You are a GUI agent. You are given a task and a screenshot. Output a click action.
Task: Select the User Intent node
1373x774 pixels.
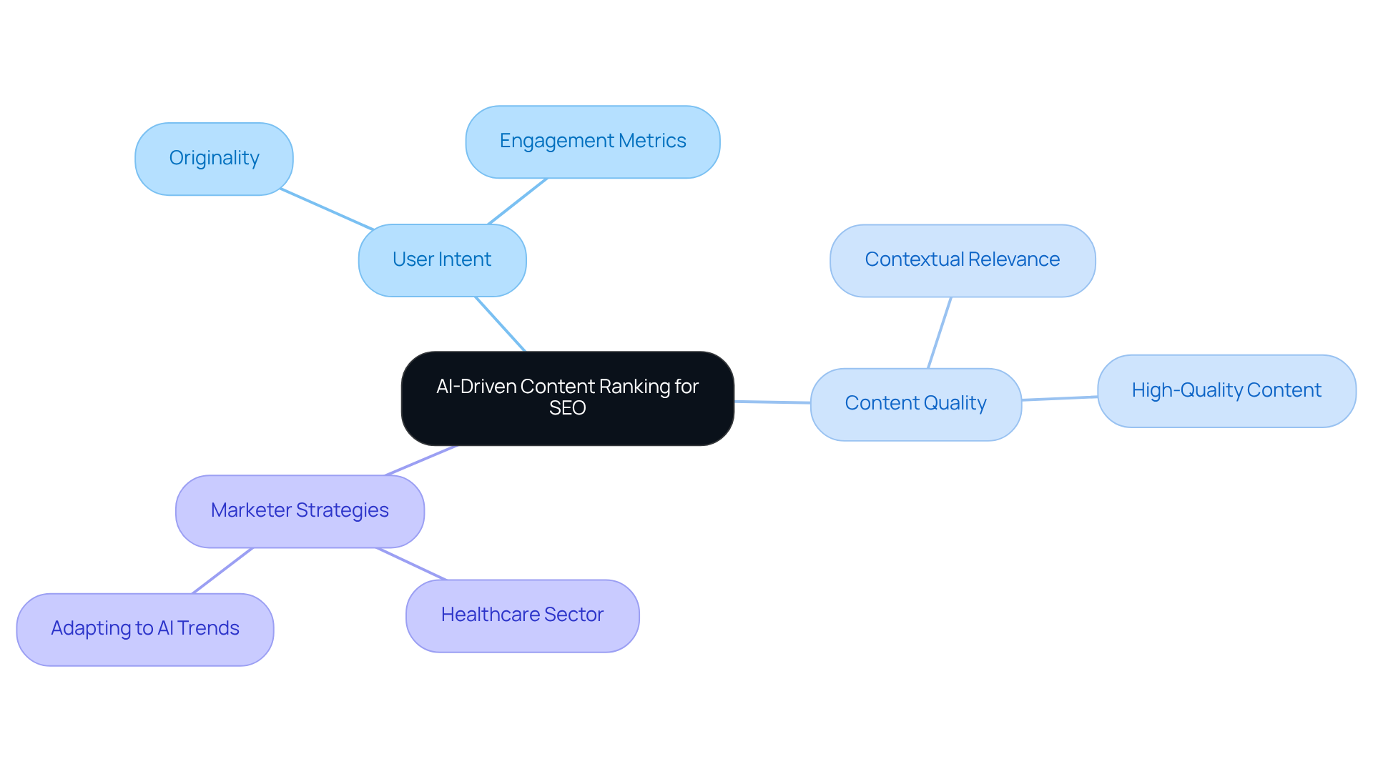[442, 260]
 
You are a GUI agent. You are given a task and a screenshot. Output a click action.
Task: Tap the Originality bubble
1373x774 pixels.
[214, 159]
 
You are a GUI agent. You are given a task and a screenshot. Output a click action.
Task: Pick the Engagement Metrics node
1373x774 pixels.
[592, 142]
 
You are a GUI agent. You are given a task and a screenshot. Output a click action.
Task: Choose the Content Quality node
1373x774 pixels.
[915, 404]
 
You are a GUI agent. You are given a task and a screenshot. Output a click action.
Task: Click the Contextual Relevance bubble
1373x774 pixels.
[962, 260]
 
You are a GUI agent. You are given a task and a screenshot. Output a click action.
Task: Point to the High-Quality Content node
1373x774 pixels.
[1226, 391]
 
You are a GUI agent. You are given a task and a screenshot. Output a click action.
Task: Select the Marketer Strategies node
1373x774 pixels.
[300, 511]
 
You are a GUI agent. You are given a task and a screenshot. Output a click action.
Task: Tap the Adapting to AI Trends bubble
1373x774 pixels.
[145, 629]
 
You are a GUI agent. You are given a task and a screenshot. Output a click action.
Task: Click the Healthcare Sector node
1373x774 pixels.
[522, 615]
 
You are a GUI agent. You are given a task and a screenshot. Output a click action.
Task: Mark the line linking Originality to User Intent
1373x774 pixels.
[327, 209]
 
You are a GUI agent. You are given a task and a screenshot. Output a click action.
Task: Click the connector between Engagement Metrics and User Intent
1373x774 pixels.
[518, 201]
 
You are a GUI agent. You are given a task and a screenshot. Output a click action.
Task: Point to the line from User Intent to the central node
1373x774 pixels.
[501, 324]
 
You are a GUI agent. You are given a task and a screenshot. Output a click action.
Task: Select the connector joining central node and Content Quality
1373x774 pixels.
[772, 402]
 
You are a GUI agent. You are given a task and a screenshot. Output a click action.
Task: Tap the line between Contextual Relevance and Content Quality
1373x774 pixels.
[940, 332]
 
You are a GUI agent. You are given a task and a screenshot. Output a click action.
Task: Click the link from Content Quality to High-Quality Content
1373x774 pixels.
[1060, 398]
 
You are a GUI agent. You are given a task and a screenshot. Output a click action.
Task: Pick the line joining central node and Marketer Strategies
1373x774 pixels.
[421, 460]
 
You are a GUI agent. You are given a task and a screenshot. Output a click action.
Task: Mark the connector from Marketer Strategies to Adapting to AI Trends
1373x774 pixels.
[222, 570]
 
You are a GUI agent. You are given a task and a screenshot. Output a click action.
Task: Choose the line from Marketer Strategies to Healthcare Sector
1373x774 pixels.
[411, 564]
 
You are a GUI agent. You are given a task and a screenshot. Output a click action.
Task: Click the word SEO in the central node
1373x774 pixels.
[567, 408]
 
